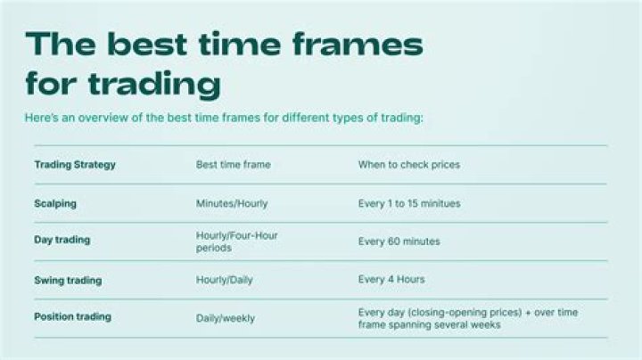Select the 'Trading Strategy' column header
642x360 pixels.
[x=75, y=165]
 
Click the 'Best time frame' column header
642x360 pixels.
[x=233, y=165]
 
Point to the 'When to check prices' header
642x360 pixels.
[x=409, y=165]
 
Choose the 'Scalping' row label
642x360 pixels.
[x=55, y=203]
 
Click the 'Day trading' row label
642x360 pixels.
[x=62, y=240]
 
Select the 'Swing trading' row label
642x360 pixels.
[x=68, y=280]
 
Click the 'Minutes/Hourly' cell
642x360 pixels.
[x=232, y=203]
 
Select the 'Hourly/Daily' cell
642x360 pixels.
[x=225, y=280]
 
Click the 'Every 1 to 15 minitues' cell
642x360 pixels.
[x=409, y=203]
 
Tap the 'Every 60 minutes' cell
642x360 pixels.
[x=399, y=241]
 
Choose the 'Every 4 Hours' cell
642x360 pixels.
[x=391, y=280]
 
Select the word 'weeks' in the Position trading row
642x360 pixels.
[x=487, y=325]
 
